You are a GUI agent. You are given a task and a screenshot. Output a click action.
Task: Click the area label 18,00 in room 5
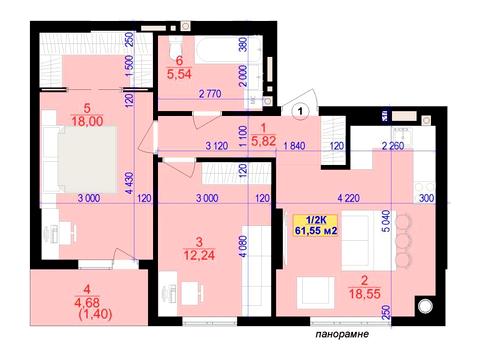tap(87, 121)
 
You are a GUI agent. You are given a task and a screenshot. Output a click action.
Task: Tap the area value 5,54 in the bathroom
tap(179, 74)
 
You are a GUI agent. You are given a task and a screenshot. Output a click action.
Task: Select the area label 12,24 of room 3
tap(199, 255)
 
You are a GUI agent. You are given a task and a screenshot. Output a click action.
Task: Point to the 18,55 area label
tap(365, 294)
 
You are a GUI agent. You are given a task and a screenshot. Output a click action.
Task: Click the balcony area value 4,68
tap(87, 302)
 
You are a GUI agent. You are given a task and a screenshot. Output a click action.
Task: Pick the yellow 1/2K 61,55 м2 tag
tap(315, 225)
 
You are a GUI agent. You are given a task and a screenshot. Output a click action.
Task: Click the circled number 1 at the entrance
tap(301, 110)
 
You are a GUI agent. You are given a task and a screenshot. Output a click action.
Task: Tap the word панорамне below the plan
tap(342, 334)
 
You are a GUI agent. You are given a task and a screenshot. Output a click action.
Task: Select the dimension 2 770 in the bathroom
tap(210, 94)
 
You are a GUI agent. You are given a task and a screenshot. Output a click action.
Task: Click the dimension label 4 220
tap(349, 198)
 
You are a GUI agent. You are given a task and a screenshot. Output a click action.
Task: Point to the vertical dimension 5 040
tap(386, 221)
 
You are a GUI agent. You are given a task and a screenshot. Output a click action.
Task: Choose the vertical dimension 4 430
tap(129, 183)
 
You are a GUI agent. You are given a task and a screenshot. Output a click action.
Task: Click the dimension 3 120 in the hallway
tap(217, 146)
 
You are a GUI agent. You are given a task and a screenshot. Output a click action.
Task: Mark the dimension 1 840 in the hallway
tap(294, 146)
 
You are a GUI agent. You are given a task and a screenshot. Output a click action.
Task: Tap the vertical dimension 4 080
tap(244, 246)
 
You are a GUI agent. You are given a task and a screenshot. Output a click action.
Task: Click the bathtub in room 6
tap(228, 50)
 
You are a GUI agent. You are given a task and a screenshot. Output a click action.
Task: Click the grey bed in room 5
tap(87, 159)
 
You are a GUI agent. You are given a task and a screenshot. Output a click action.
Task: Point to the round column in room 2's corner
tap(425, 306)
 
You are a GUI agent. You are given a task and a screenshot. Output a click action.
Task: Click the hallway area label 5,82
tap(264, 141)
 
